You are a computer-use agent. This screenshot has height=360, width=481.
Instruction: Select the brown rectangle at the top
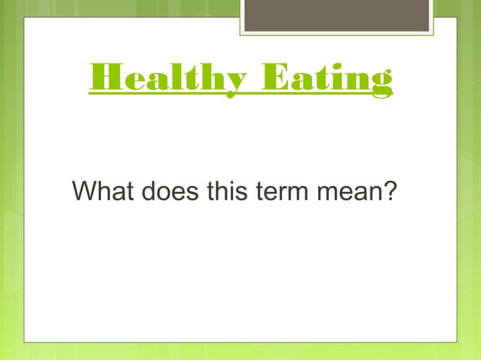point(337,16)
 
